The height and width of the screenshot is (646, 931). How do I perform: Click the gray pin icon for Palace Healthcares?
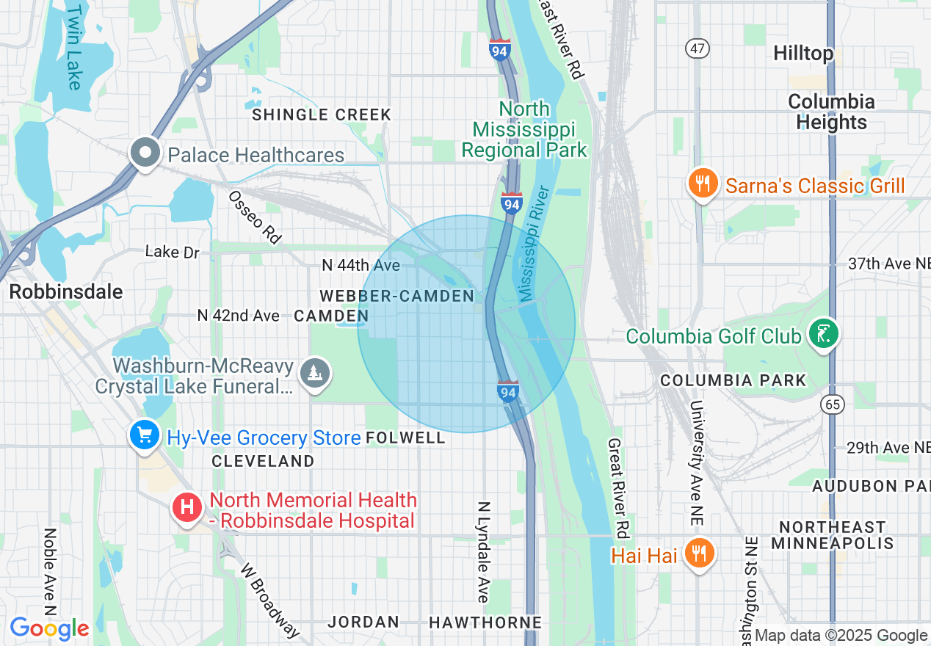(x=145, y=153)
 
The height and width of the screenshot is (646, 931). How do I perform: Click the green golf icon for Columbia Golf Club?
(x=823, y=335)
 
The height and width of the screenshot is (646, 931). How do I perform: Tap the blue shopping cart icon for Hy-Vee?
(x=145, y=436)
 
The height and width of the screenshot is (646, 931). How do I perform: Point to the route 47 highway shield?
(x=697, y=48)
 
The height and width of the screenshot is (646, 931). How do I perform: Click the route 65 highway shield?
(x=834, y=403)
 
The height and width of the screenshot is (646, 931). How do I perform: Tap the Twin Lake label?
(x=74, y=48)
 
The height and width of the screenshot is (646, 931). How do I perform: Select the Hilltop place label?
(x=803, y=54)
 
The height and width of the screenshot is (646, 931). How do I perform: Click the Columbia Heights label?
(x=831, y=112)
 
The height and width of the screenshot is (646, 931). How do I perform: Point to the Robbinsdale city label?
(x=66, y=291)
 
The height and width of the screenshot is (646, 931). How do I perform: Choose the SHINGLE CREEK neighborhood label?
(x=322, y=115)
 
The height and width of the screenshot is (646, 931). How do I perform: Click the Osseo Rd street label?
(x=255, y=217)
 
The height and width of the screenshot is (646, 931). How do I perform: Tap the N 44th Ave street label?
(x=361, y=265)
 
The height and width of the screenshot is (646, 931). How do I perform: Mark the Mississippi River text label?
(x=535, y=244)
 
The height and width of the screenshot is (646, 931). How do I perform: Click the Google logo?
(x=49, y=628)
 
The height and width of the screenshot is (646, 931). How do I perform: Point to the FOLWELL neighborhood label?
(x=405, y=438)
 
